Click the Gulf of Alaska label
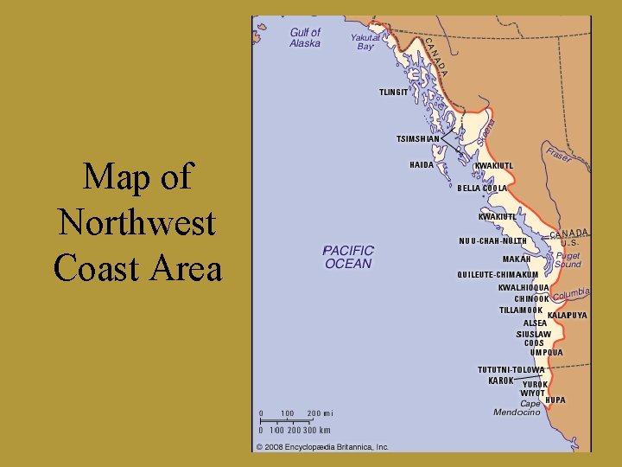coord(305,37)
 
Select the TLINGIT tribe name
coord(393,92)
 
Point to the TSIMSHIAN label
coord(417,138)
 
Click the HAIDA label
coord(422,164)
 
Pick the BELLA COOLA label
coord(482,188)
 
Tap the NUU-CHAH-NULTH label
coord(492,240)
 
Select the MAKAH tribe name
coord(517,259)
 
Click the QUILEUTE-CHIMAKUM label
coord(498,275)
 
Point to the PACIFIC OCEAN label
coord(348,257)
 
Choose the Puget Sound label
coord(568,260)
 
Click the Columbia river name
coord(571,295)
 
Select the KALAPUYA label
coord(567,316)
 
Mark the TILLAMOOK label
coord(521,310)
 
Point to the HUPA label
coord(555,400)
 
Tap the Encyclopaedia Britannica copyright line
coord(321,447)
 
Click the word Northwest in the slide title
coord(136,222)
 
